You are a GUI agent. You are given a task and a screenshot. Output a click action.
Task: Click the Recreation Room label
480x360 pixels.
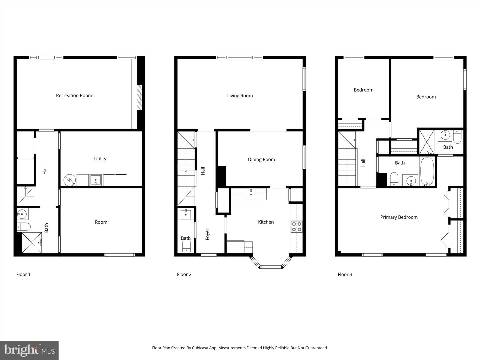coord(74,96)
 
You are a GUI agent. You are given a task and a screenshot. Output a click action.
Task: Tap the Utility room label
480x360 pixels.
coord(100,159)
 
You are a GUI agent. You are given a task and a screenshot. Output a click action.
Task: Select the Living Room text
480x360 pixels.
coord(240,96)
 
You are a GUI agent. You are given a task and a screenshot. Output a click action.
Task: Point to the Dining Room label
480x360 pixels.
coord(261,160)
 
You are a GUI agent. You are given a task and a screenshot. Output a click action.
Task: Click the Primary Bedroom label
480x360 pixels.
coord(399,217)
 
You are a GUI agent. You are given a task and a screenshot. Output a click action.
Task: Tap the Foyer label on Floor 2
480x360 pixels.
coord(207,234)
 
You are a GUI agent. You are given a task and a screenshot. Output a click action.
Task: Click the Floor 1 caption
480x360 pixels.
coord(23,274)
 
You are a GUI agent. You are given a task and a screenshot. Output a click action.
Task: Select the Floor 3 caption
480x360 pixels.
coord(345,274)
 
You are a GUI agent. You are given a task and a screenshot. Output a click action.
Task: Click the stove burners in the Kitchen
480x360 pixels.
coord(297,227)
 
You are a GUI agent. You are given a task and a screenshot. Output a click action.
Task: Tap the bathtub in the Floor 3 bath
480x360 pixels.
coord(427,171)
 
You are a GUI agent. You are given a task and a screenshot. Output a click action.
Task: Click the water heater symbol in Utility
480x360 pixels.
coord(70,180)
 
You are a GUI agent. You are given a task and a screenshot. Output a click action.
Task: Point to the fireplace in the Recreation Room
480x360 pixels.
coord(140,97)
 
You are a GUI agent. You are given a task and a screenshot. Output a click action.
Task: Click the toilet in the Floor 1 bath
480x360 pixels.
coord(24,227)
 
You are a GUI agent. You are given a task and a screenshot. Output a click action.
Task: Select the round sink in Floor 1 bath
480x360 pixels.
coord(22,213)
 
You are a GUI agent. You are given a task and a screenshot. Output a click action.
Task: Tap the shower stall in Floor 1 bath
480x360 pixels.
coord(32,243)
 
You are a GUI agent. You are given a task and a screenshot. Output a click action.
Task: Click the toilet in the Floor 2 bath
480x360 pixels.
coord(186,246)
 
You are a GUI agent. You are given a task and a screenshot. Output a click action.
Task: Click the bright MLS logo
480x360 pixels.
coord(29,350)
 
